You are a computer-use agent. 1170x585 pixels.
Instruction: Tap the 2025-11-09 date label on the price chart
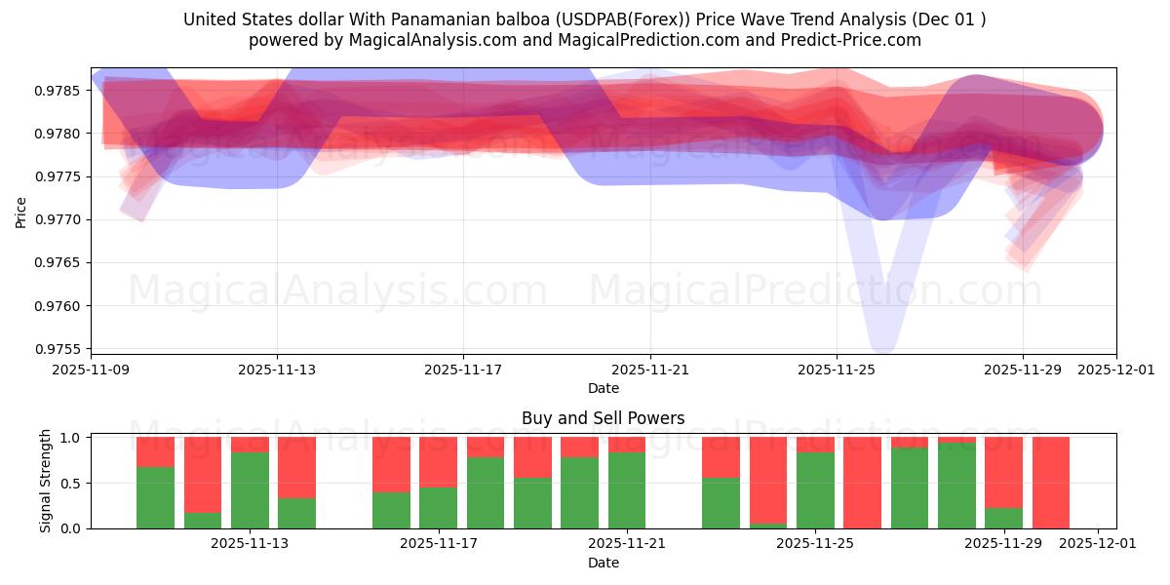point(91,370)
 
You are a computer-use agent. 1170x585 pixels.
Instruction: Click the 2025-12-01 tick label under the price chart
point(1116,370)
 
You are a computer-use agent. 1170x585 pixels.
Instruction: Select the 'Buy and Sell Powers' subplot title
point(603,418)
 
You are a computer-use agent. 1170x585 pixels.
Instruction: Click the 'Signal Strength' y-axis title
point(46,483)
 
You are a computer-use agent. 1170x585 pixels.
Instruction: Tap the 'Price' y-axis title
point(21,211)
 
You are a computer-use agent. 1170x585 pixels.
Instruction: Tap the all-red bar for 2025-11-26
point(863,483)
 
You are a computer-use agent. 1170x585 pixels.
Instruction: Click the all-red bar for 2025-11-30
point(1051,483)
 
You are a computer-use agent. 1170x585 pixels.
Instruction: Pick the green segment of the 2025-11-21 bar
point(627,489)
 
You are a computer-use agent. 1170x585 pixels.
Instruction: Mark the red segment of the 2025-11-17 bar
point(438,462)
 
